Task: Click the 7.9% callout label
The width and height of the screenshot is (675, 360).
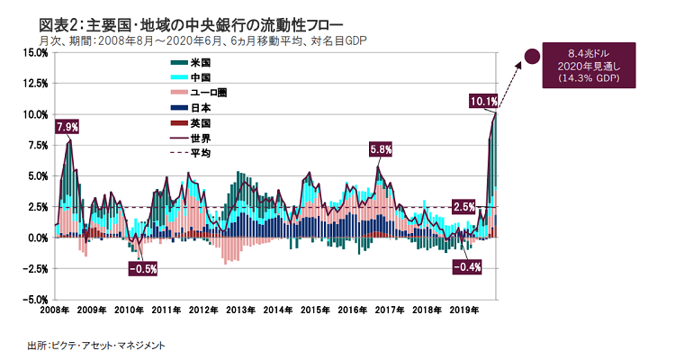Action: pyautogui.click(x=66, y=126)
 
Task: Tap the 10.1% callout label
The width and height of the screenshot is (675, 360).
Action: pyautogui.click(x=483, y=102)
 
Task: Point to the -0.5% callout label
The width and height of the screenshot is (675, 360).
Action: pyautogui.click(x=142, y=268)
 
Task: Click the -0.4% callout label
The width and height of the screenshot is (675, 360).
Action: pyautogui.click(x=466, y=267)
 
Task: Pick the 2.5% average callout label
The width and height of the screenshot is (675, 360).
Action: pyautogui.click(x=464, y=208)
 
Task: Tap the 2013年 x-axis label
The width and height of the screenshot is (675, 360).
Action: pyautogui.click(x=240, y=310)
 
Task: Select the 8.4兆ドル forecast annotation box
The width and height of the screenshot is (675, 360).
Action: pyautogui.click(x=592, y=66)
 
